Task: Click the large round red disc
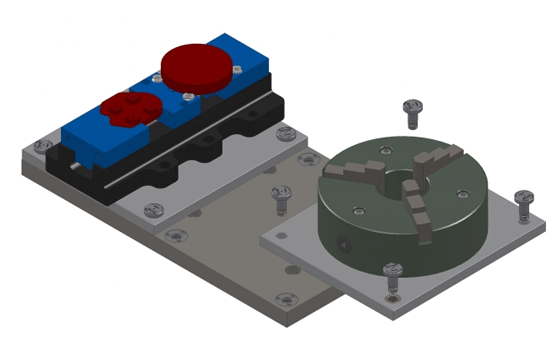click(201, 65)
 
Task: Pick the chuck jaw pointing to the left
click(362, 172)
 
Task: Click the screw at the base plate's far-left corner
click(40, 145)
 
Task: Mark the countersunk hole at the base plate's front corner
click(287, 298)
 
